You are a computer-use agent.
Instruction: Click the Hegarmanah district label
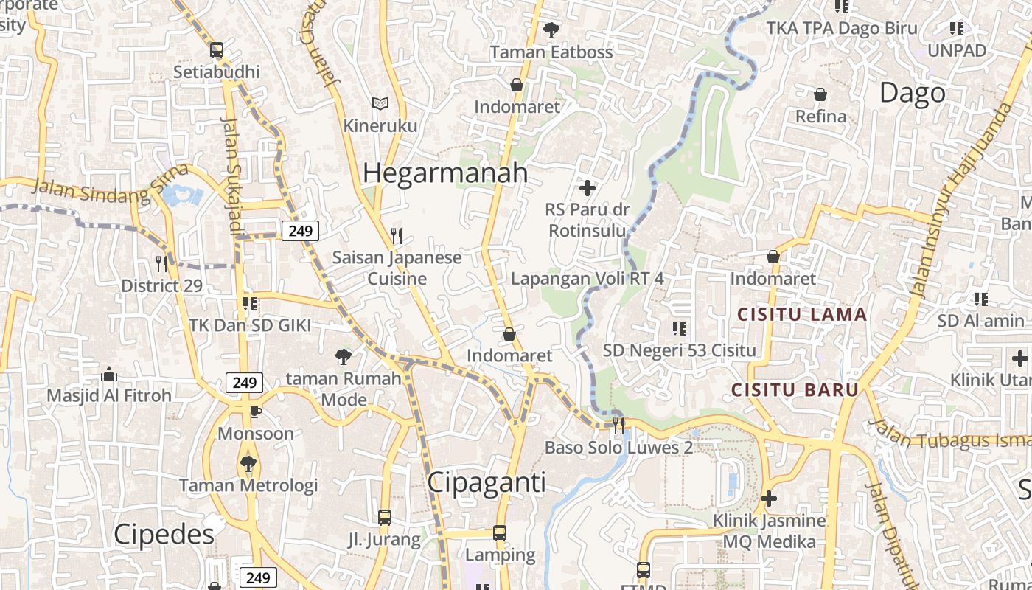[445, 173]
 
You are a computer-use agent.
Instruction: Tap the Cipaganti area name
[487, 483]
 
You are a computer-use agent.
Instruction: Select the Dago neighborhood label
[912, 93]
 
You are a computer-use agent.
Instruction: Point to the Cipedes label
[164, 535]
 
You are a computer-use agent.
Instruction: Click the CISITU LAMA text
[802, 315]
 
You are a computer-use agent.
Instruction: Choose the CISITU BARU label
[795, 389]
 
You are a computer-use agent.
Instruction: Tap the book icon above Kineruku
[380, 104]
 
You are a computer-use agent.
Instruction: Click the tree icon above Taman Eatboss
[551, 30]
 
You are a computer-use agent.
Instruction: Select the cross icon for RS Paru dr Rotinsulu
[588, 188]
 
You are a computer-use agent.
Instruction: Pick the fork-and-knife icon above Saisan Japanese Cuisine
[397, 236]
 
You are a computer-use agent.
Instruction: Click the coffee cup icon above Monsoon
[255, 412]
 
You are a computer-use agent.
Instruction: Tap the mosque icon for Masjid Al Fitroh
[109, 374]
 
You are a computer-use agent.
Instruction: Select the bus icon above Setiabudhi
[217, 50]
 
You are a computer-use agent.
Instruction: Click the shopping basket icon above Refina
[820, 94]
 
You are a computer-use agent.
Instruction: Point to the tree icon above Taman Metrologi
[248, 464]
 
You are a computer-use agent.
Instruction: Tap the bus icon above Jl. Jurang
[384, 518]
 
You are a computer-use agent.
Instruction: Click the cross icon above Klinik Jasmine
[769, 499]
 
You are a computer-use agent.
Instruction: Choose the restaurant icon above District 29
[161, 263]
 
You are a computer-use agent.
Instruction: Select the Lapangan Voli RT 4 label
[588, 279]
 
